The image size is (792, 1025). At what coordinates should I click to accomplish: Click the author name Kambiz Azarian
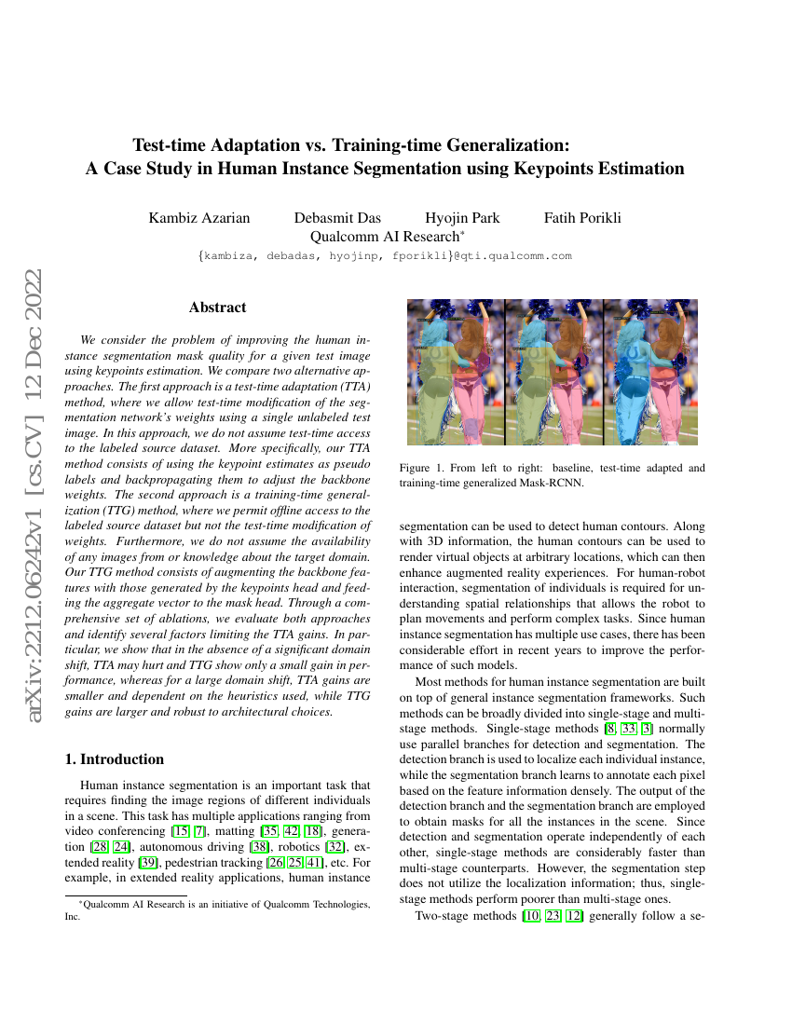tap(199, 218)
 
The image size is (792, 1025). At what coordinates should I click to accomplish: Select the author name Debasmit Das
tap(337, 218)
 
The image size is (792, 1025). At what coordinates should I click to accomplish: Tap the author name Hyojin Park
tap(462, 218)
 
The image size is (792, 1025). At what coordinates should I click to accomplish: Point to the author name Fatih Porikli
tap(582, 218)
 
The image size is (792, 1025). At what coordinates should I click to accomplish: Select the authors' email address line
tap(385, 255)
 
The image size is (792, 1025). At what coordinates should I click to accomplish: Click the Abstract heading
tap(217, 307)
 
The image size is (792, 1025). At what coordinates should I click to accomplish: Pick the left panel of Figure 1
tap(456, 372)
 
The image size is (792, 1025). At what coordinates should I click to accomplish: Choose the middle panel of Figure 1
tap(553, 372)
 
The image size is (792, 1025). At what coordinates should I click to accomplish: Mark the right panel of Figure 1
tap(651, 372)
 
